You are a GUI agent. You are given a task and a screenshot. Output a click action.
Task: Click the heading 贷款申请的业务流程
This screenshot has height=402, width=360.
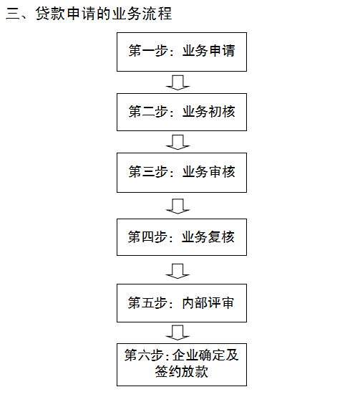click(104, 14)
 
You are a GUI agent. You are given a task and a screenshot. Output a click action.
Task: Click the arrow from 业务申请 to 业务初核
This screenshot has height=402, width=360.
click(177, 82)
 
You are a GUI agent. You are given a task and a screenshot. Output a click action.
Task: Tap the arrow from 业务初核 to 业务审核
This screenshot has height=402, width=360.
click(177, 142)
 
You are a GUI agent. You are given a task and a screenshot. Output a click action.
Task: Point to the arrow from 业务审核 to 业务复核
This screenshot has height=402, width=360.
click(177, 206)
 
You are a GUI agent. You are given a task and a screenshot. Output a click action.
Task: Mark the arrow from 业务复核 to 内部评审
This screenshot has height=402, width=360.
click(177, 271)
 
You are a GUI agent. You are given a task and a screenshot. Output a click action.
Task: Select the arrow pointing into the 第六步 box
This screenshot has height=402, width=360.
click(177, 332)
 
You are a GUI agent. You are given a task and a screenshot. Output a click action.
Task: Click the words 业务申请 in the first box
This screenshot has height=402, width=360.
click(209, 50)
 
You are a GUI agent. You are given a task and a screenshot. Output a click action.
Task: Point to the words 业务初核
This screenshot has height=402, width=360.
click(209, 112)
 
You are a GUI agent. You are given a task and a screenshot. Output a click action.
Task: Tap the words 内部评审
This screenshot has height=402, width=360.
click(208, 303)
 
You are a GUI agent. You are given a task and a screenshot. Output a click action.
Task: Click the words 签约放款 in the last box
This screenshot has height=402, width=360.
click(182, 371)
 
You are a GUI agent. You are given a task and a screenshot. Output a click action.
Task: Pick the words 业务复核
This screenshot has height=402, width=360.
click(208, 236)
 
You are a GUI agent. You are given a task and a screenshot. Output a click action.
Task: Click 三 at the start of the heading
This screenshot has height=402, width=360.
click(13, 14)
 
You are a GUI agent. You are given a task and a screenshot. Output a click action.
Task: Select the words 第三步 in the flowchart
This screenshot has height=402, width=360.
click(148, 171)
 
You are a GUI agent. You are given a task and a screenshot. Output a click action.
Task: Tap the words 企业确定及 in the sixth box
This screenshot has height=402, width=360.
click(205, 355)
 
